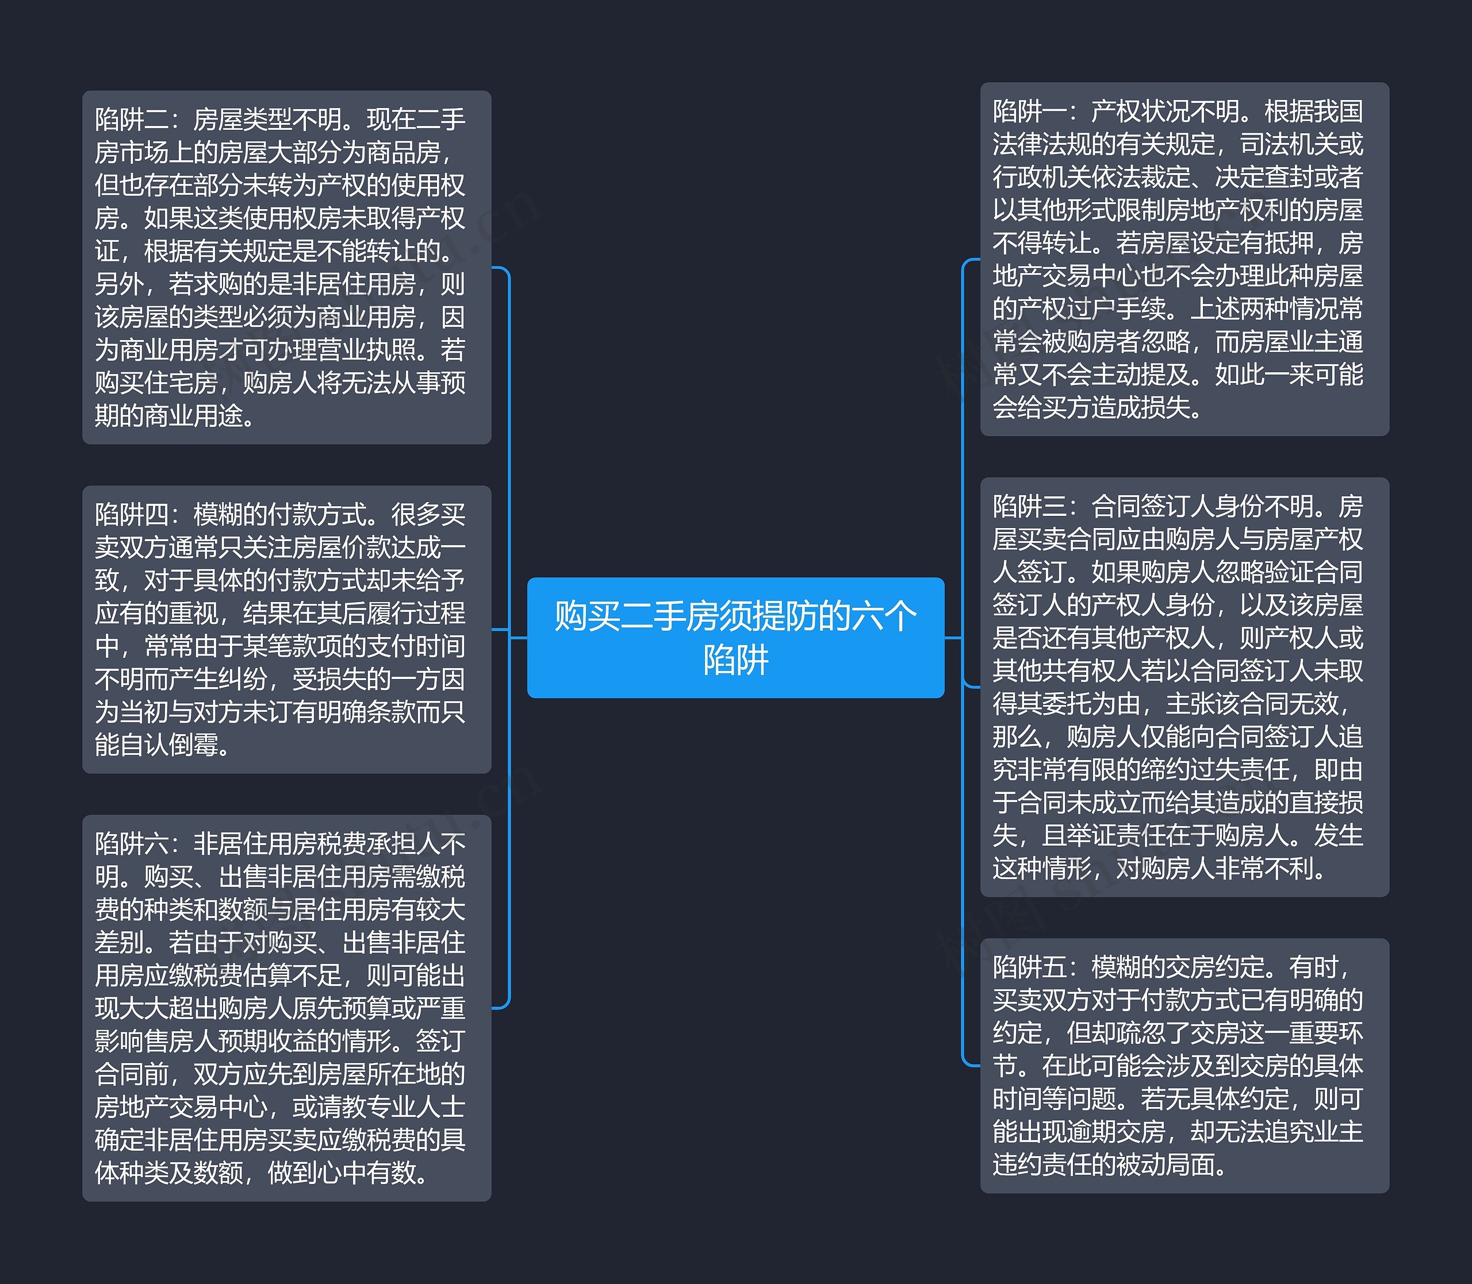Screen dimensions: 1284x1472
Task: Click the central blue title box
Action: click(x=735, y=637)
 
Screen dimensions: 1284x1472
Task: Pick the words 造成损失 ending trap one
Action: click(x=1140, y=408)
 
